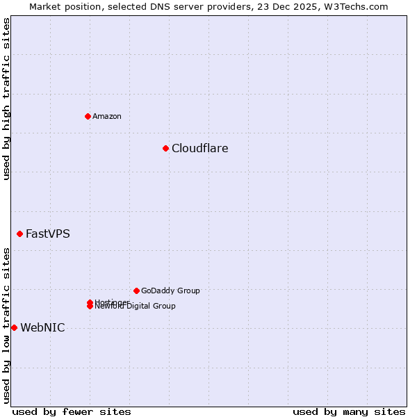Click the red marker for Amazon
88,116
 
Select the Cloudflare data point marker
165,148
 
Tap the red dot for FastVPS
19,234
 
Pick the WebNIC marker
14,327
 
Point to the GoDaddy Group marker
136,291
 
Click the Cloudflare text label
199,148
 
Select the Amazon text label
106,116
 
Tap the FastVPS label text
47,234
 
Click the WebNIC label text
42,328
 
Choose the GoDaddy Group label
170,291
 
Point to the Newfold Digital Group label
136,306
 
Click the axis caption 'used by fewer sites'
72,411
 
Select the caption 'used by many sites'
349,411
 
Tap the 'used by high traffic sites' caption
7,99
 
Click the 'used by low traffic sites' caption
7,325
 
